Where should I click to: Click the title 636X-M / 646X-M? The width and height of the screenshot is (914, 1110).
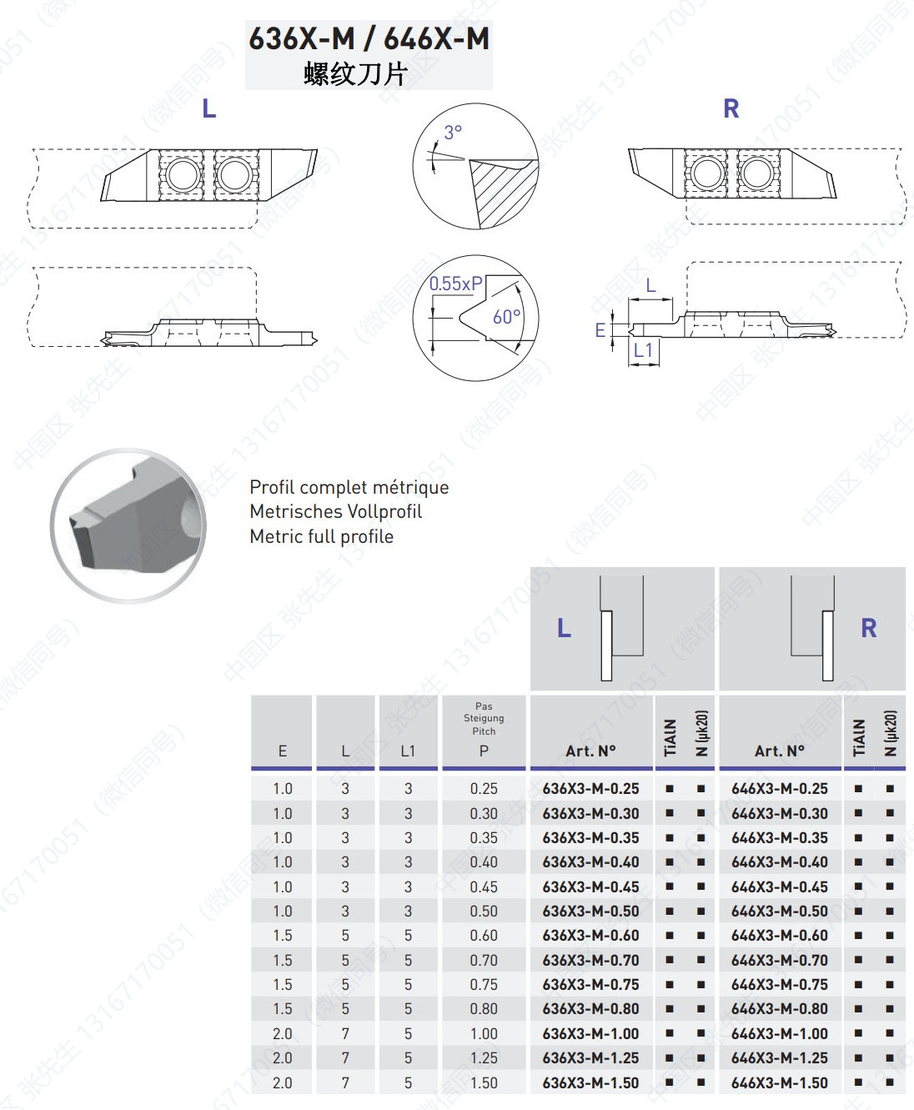(x=369, y=39)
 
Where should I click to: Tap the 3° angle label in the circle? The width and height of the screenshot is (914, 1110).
(x=453, y=133)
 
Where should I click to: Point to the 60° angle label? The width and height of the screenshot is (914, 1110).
(x=506, y=317)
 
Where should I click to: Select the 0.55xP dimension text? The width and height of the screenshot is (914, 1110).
(x=455, y=284)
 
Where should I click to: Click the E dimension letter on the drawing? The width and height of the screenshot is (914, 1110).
(x=600, y=330)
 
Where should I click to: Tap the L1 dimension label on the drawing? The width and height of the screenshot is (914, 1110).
(x=643, y=350)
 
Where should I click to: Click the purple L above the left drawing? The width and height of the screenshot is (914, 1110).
(x=209, y=108)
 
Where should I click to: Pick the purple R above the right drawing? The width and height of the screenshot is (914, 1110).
(x=731, y=108)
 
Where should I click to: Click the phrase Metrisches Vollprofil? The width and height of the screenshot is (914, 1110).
(x=335, y=511)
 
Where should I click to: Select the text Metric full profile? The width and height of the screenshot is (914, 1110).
(x=321, y=536)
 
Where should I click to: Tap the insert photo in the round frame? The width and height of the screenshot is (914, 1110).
(x=129, y=525)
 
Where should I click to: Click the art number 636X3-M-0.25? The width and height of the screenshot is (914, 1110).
(x=590, y=788)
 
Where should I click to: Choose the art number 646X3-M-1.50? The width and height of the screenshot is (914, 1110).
(x=780, y=1082)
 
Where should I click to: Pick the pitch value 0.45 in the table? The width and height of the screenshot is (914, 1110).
(x=484, y=886)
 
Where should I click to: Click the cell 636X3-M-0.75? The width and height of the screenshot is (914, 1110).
(x=590, y=984)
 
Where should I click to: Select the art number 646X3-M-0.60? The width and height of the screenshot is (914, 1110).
(x=780, y=936)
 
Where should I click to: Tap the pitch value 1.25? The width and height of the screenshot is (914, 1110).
(x=484, y=1058)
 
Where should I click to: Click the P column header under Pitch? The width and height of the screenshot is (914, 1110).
(x=484, y=751)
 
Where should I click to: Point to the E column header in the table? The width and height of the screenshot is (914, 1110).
(x=283, y=751)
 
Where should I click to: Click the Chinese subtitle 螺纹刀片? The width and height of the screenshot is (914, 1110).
(x=355, y=74)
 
